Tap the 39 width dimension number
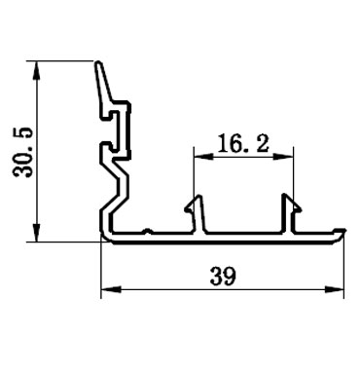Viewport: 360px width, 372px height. click(225, 277)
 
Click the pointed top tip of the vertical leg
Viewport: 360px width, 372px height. click(100, 65)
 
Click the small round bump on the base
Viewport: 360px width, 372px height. click(145, 232)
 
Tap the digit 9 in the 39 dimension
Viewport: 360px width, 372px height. click(232, 277)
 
